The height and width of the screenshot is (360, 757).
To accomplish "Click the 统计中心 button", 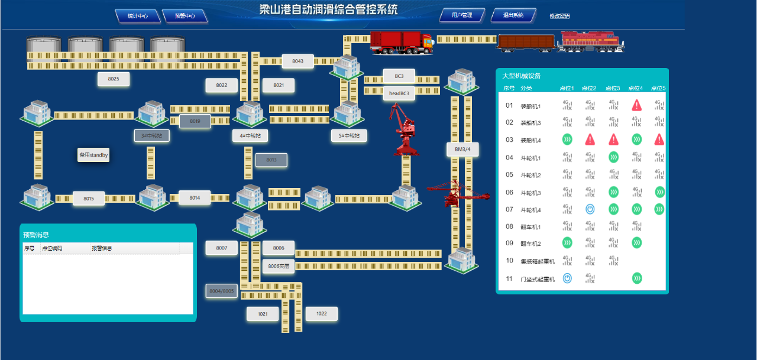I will tap(138, 16).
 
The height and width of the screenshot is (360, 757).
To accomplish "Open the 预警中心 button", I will tap(185, 16).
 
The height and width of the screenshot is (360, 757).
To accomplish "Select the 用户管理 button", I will tap(462, 15).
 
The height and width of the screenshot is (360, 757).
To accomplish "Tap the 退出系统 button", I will tap(513, 15).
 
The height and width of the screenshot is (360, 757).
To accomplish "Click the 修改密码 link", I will tap(559, 17).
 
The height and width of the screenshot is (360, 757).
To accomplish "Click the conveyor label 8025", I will tap(114, 79).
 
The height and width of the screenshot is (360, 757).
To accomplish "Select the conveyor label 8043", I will tap(297, 61).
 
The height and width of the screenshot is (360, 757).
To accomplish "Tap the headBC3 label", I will tap(399, 93).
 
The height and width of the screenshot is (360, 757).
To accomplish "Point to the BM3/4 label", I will tap(462, 150).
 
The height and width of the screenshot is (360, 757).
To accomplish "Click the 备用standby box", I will tap(93, 155).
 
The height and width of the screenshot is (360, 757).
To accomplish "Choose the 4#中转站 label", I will tap(251, 135).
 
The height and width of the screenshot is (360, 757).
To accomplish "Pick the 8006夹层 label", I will tap(279, 266).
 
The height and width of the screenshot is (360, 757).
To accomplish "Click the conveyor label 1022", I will tap(321, 314).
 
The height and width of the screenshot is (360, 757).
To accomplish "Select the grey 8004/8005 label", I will tap(222, 291).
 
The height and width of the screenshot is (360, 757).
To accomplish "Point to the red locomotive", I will tap(591, 41).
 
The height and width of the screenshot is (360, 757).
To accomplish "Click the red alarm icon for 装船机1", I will tap(637, 105).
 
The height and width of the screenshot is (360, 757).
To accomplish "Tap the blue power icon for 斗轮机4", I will tap(590, 209).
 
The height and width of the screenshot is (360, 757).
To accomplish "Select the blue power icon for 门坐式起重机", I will tap(567, 278).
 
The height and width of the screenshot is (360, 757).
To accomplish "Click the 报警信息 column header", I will tap(102, 249).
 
